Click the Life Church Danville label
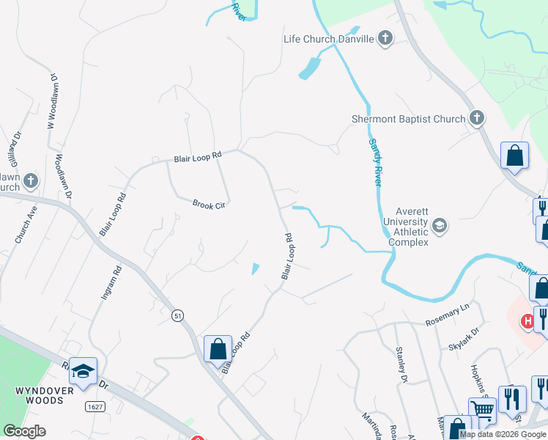(x=329, y=39)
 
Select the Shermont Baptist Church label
(x=408, y=119)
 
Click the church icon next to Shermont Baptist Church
(x=477, y=118)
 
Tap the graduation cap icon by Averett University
(x=439, y=224)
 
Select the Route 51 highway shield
(x=177, y=315)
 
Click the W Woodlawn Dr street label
(x=52, y=100)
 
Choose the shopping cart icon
(x=482, y=411)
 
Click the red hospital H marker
(x=526, y=321)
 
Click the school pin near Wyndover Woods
(x=83, y=371)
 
